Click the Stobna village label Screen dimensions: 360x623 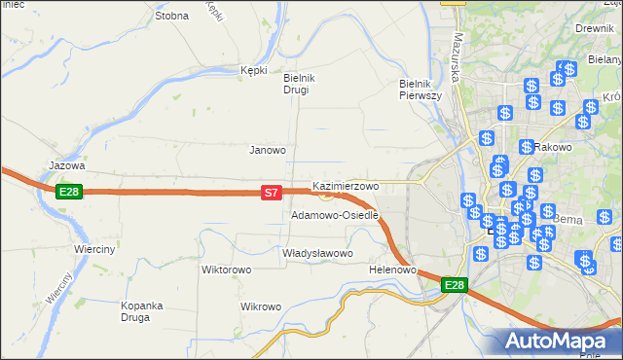click(x=171, y=17)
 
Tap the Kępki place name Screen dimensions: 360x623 click(x=253, y=70)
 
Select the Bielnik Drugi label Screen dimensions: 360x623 click(x=296, y=84)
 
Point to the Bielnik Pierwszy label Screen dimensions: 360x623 click(x=421, y=90)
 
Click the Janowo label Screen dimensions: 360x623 click(x=268, y=151)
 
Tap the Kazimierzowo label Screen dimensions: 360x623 click(x=346, y=186)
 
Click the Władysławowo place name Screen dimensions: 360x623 click(x=317, y=253)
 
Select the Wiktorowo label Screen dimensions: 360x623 click(x=227, y=270)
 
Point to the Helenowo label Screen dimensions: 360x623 click(x=393, y=270)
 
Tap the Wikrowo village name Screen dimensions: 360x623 click(x=261, y=307)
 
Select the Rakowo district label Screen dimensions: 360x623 click(x=553, y=147)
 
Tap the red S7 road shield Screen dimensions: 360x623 click(x=274, y=195)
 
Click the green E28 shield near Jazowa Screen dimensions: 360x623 click(x=69, y=192)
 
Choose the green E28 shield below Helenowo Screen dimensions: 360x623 click(x=455, y=285)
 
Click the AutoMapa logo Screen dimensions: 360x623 click(x=559, y=342)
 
